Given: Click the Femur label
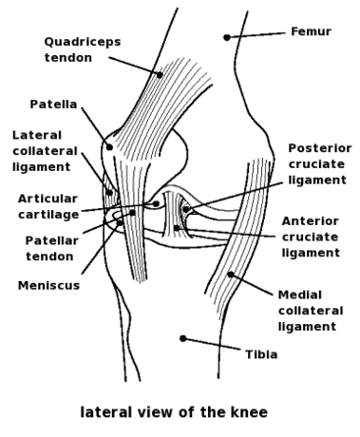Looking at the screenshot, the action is pyautogui.click(x=311, y=31).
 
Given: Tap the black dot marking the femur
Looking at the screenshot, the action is pyautogui.click(x=227, y=37).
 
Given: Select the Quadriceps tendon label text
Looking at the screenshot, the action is pyautogui.click(x=83, y=49).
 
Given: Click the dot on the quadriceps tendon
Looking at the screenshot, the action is pyautogui.click(x=160, y=75).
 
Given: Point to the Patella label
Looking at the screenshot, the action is pyautogui.click(x=53, y=104).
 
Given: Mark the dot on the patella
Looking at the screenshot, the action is pyautogui.click(x=109, y=147).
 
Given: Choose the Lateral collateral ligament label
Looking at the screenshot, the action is pyautogui.click(x=45, y=151).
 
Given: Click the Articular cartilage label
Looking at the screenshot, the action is pyautogui.click(x=48, y=206).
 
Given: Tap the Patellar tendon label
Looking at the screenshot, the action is pyautogui.click(x=52, y=248).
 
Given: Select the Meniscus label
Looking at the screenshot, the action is pyautogui.click(x=48, y=285).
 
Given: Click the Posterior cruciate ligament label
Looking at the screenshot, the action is pyautogui.click(x=320, y=164).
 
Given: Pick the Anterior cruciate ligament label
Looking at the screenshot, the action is pyautogui.click(x=311, y=237).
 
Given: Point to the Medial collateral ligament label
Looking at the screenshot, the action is pyautogui.click(x=311, y=311).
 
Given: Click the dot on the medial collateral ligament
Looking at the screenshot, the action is pyautogui.click(x=231, y=275).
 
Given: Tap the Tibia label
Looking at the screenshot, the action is pyautogui.click(x=261, y=354).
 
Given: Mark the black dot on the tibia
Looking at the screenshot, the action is pyautogui.click(x=183, y=338).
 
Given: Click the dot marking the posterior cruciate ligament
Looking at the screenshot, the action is pyautogui.click(x=186, y=209).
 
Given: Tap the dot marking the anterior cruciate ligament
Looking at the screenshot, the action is pyautogui.click(x=177, y=228).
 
